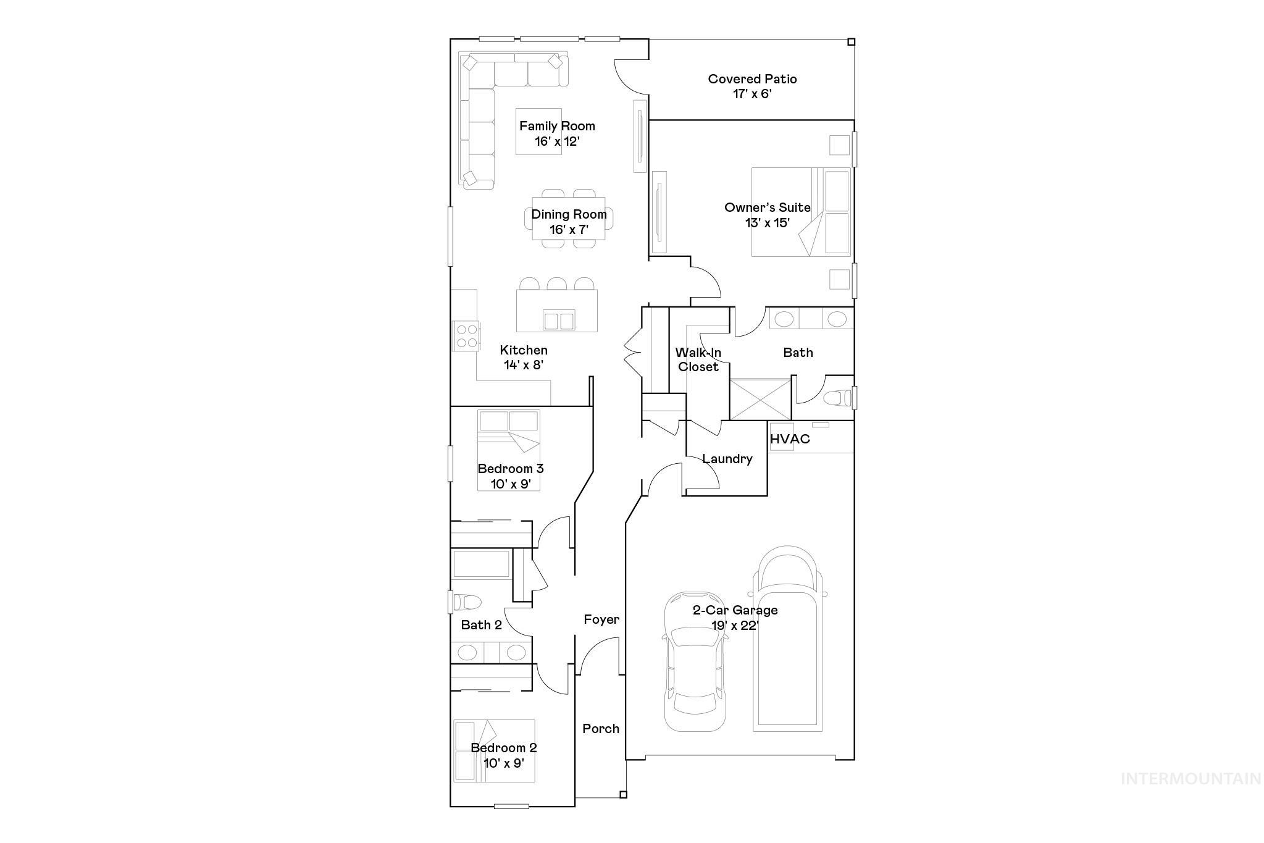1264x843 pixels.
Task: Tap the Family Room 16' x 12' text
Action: click(557, 133)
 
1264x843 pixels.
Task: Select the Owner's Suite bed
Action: click(800, 212)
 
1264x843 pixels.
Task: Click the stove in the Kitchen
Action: click(466, 336)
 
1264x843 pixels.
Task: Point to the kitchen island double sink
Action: click(559, 321)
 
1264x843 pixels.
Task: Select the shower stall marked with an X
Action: click(760, 400)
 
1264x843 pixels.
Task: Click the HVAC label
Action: click(790, 439)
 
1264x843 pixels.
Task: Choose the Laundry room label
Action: click(727, 459)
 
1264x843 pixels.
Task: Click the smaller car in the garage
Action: click(695, 661)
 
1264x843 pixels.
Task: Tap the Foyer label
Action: click(601, 619)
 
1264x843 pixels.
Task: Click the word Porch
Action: click(601, 729)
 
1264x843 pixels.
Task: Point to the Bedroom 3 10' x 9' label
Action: click(510, 476)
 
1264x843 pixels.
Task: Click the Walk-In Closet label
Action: click(698, 359)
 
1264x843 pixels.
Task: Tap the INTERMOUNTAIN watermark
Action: click(1191, 779)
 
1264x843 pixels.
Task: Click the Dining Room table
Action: click(569, 219)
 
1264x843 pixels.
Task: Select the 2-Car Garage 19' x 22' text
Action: click(735, 618)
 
